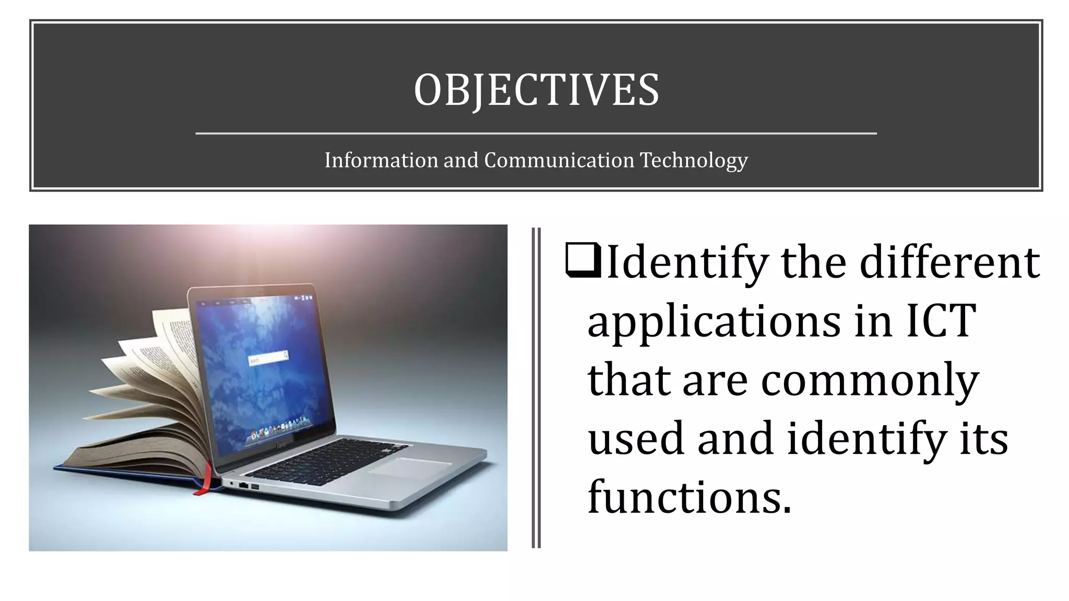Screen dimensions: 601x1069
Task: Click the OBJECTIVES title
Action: [x=536, y=90]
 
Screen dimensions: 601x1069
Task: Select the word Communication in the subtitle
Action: [x=559, y=160]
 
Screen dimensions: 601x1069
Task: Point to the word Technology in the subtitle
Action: [x=694, y=161]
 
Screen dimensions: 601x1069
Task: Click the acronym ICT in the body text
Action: [x=940, y=320]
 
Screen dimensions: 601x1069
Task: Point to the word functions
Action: [x=689, y=496]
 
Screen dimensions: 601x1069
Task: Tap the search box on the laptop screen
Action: [x=268, y=358]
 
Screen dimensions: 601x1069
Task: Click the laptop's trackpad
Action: [x=410, y=466]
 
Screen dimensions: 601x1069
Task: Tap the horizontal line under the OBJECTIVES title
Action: [x=536, y=134]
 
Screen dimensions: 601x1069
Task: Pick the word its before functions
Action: [x=984, y=438]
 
